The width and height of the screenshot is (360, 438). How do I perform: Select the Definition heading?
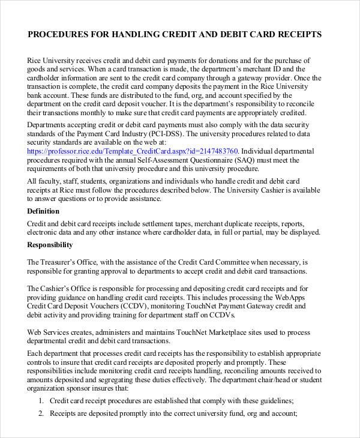coord(43,211)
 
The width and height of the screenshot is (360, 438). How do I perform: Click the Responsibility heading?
coord(50,245)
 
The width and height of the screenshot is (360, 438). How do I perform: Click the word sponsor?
coord(83,388)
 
